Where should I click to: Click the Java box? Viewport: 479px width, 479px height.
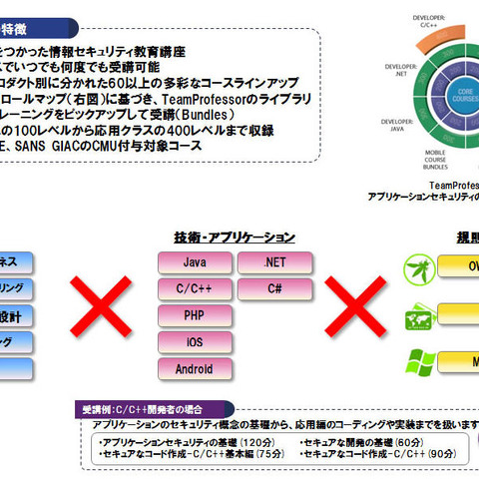tap(195, 262)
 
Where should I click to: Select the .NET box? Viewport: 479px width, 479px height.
tap(274, 262)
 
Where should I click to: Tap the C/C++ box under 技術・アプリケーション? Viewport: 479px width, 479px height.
tap(195, 288)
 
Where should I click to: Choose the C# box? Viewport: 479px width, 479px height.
tap(274, 288)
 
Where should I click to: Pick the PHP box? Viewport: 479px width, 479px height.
tap(195, 315)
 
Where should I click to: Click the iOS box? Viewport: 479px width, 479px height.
tap(195, 341)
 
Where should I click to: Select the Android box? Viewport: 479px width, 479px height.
tap(195, 368)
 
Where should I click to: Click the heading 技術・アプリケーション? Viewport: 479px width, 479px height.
tap(235, 237)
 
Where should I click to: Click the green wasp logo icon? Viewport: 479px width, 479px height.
tap(418, 266)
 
